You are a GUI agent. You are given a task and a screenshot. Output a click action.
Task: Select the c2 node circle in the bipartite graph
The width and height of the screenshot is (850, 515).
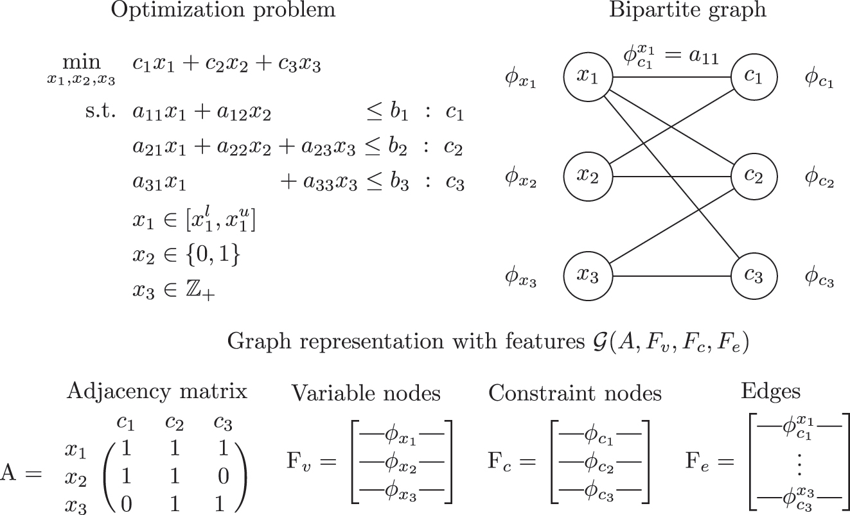(x=755, y=176)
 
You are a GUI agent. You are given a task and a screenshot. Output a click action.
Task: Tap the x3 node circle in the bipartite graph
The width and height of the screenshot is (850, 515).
(x=586, y=275)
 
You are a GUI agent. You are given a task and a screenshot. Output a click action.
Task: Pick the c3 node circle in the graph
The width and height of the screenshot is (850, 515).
(x=755, y=275)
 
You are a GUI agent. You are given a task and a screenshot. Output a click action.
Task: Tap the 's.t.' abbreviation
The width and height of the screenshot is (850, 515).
(x=100, y=113)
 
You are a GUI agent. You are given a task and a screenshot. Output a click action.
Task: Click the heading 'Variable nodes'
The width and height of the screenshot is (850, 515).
(x=366, y=392)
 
